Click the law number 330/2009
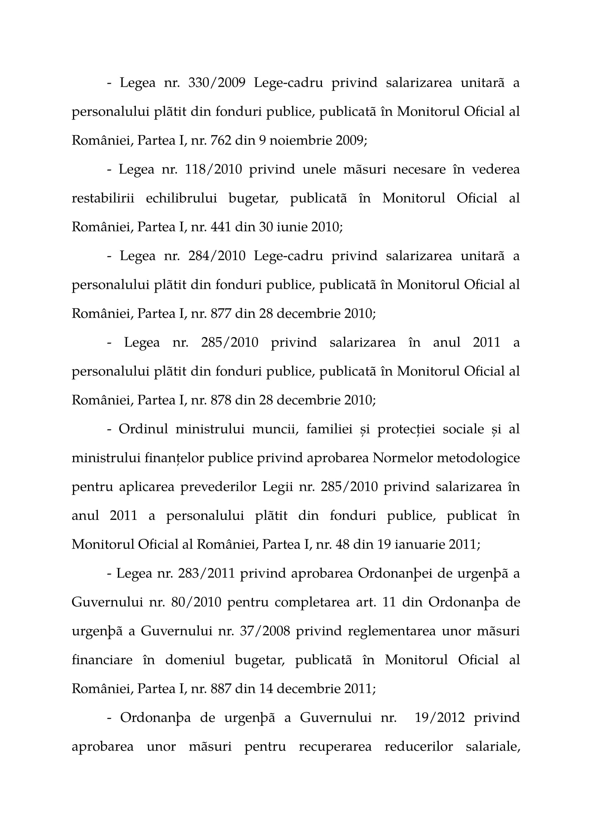tap(217, 83)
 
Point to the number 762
tap(221, 140)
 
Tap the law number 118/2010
tap(213, 169)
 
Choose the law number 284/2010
tap(217, 256)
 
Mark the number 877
tap(221, 313)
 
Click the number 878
tap(221, 401)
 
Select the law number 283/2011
tap(206, 573)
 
